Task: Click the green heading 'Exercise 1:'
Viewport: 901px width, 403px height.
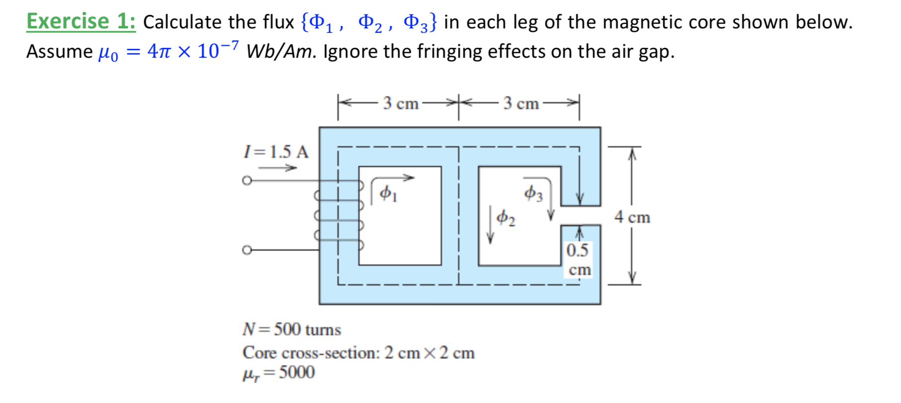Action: (x=81, y=21)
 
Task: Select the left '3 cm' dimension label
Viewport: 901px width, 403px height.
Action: (x=400, y=103)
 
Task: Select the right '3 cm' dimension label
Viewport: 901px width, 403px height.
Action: (x=521, y=103)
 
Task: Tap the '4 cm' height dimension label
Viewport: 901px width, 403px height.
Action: (x=632, y=217)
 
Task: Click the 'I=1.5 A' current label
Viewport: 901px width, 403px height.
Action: (x=276, y=152)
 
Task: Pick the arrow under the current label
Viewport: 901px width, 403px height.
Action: (x=277, y=168)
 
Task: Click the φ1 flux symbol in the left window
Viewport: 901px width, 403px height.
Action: (x=388, y=193)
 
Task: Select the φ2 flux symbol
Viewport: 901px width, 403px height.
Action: (x=506, y=217)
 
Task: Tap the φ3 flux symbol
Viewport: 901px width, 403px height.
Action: (x=534, y=194)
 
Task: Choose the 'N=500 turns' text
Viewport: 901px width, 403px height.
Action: (x=291, y=329)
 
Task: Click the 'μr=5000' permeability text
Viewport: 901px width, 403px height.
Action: (x=278, y=373)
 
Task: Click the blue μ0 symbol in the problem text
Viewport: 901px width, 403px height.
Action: (x=108, y=52)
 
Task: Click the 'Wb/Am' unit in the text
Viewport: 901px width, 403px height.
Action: (x=280, y=52)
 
